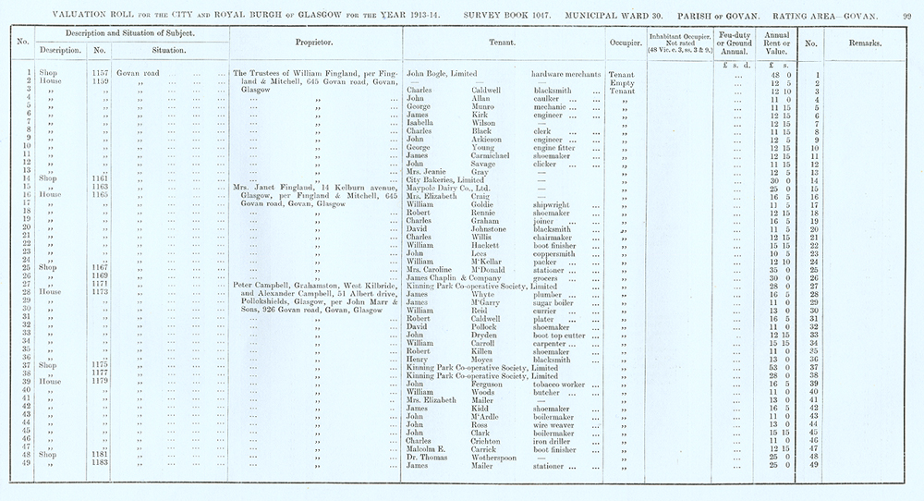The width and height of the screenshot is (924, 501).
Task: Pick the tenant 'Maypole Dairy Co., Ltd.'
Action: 456,189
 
